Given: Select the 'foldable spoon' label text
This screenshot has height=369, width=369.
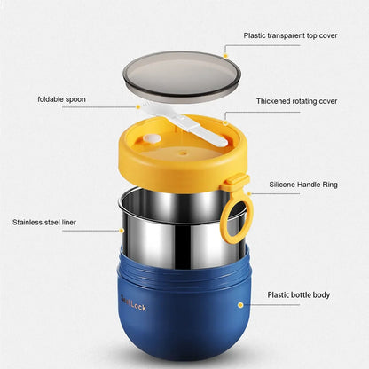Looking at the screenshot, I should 62,98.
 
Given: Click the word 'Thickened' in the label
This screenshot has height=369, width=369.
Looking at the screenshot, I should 273,100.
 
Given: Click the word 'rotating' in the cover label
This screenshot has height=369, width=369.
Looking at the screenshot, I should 307,100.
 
